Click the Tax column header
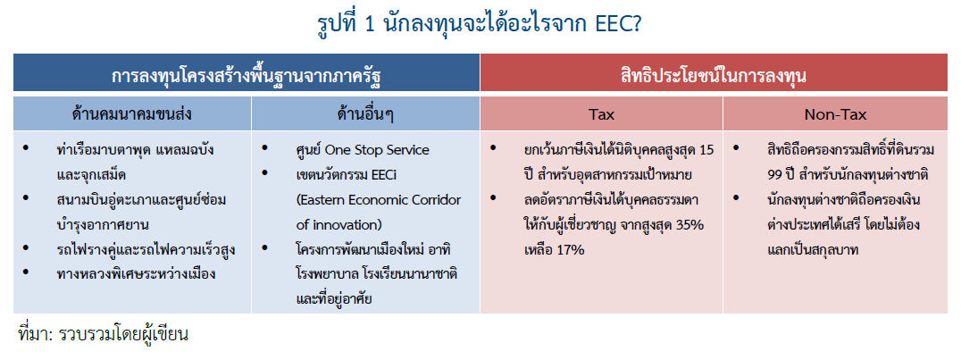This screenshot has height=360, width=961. (x=601, y=114)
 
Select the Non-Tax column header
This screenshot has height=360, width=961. (x=835, y=114)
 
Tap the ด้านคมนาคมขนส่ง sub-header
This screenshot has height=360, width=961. (x=132, y=114)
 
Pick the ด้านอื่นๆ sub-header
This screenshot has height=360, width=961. (x=365, y=114)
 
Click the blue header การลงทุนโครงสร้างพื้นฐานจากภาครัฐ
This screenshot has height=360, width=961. (x=247, y=77)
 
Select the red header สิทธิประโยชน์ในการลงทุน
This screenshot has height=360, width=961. (x=720, y=77)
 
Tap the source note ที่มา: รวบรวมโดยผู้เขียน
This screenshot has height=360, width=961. (x=103, y=334)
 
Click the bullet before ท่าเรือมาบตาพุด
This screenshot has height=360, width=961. (x=26, y=149)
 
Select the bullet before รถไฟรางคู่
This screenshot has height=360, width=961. (x=26, y=249)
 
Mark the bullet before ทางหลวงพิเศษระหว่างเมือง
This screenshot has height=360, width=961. (x=26, y=274)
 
